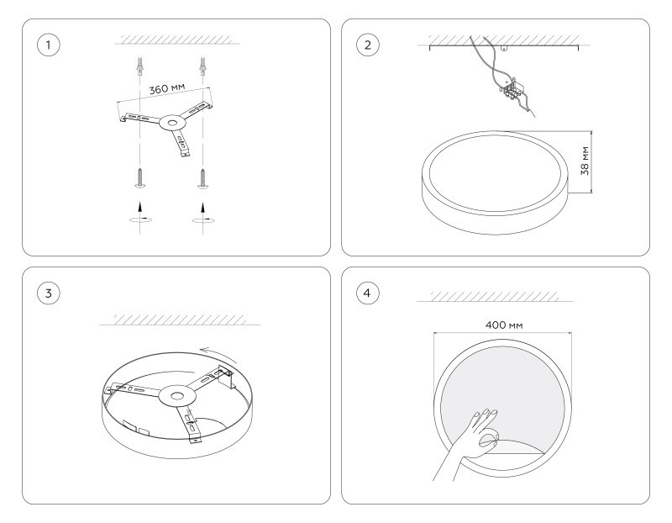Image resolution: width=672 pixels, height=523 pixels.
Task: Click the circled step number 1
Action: pos(49,45)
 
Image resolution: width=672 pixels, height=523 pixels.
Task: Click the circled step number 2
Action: pos(368,45)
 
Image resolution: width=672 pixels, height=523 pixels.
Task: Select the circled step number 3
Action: pos(49,293)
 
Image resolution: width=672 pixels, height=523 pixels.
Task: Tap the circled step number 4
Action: pos(368,293)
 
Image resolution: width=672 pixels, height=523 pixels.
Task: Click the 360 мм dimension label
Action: pos(167,89)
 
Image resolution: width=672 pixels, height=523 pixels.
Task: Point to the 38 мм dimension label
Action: pos(585,161)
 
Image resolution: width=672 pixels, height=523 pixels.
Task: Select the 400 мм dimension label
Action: pos(504,325)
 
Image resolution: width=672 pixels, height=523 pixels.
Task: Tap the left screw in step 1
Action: pos(140,177)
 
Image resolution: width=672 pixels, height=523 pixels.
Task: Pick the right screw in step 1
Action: pos(202,177)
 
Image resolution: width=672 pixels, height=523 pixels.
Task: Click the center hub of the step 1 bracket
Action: pos(172,123)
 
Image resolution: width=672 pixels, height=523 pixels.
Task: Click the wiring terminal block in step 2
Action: pos(512,91)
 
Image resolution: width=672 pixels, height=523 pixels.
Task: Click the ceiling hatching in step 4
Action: pos(495,296)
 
